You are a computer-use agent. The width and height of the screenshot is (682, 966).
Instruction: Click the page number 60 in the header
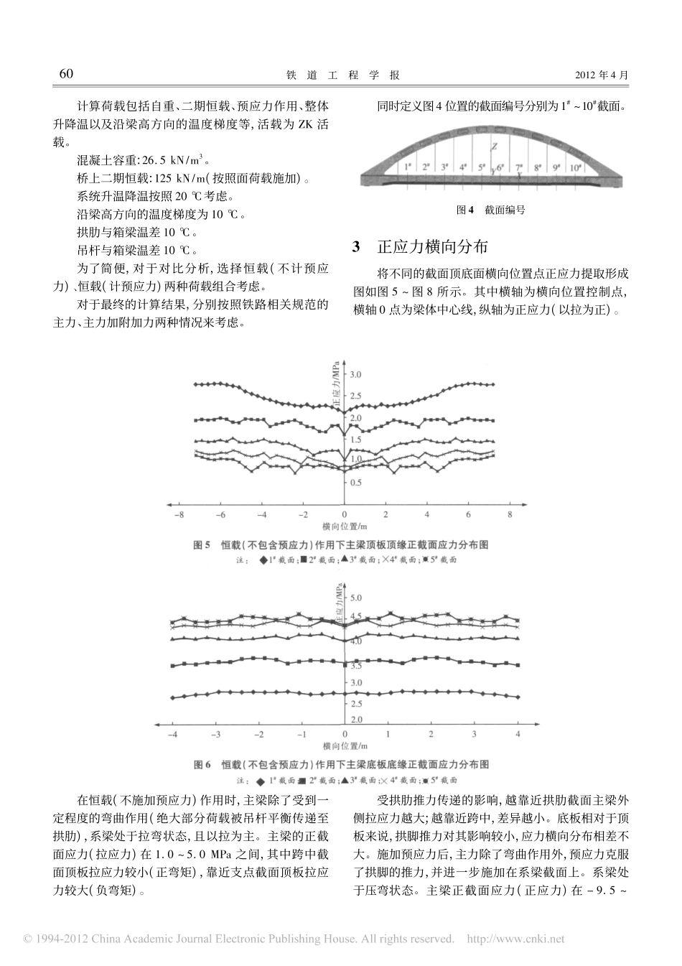tap(66, 74)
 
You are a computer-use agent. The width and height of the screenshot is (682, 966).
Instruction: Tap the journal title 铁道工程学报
tap(342, 75)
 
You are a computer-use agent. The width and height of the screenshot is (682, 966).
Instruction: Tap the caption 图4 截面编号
tap(491, 210)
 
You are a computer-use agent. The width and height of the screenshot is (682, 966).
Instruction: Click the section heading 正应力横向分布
tap(433, 247)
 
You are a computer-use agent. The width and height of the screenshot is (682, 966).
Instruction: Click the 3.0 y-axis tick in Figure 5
tap(355, 375)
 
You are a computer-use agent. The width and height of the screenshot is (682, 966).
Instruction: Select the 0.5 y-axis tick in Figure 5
tap(355, 483)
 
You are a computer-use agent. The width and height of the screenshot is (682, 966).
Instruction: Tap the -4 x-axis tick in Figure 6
tap(172, 734)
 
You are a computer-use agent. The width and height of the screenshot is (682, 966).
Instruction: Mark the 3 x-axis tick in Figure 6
tap(474, 734)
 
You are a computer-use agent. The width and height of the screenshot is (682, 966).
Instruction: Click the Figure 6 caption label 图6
tap(202, 764)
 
